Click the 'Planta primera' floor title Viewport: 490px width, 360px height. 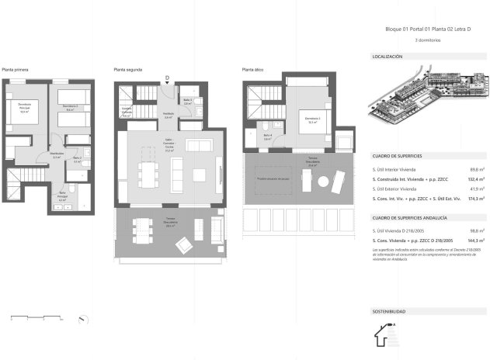pyautogui.click(x=16, y=70)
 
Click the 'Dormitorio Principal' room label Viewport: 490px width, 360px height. pyautogui.click(x=23, y=109)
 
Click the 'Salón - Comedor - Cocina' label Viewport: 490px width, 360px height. pyautogui.click(x=169, y=148)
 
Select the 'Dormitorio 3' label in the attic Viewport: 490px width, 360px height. pyautogui.click(x=313, y=119)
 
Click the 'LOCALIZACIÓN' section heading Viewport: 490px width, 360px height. pyautogui.click(x=387, y=57)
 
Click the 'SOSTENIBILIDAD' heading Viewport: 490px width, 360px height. pyautogui.click(x=389, y=310)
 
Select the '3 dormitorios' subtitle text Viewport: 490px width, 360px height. pyautogui.click(x=428, y=39)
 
